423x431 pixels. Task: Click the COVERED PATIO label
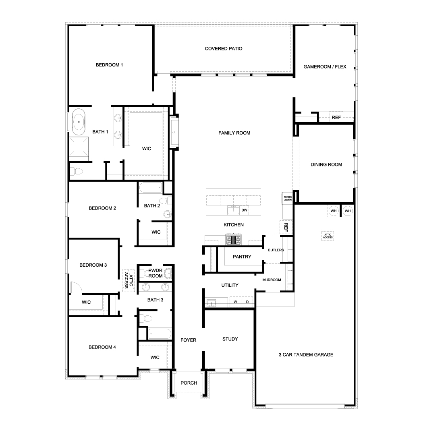click(224, 49)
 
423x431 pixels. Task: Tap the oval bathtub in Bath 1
click(78, 122)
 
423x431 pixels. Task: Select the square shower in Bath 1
click(79, 147)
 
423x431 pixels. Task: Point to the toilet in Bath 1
click(77, 171)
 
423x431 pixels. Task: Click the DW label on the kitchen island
click(244, 210)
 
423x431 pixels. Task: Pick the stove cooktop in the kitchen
click(233, 240)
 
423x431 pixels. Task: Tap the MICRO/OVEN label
click(288, 198)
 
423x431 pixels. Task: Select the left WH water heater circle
click(333, 211)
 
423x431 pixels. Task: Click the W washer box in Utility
click(235, 302)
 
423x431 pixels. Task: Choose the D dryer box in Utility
click(247, 302)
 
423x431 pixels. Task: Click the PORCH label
click(189, 383)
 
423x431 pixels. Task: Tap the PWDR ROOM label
click(155, 273)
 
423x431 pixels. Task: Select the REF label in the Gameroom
click(336, 118)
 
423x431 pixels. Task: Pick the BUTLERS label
click(276, 250)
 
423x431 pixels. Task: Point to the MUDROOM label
click(272, 280)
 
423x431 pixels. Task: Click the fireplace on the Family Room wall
click(174, 132)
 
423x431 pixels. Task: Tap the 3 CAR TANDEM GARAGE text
click(306, 355)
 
